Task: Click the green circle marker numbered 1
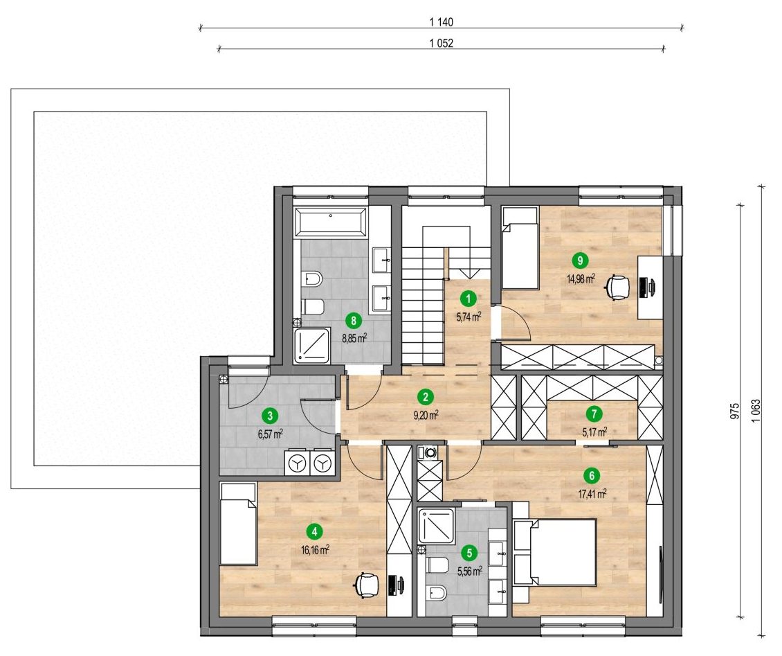pos(468,299)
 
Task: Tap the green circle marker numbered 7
pos(594,414)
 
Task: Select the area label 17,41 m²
pos(592,494)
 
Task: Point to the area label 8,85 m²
pos(354,338)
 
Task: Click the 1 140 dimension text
pos(441,22)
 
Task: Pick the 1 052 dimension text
pos(441,44)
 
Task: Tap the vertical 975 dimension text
pos(735,410)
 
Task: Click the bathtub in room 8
pos(331,222)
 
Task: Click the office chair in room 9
pos(617,288)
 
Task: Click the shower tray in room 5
pos(437,526)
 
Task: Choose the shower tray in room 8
pos(313,346)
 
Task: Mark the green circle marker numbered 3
pos(271,415)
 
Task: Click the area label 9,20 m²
pos(426,415)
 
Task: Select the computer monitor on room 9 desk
pos(653,287)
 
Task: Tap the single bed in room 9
pos(520,248)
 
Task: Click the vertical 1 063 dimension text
pos(756,411)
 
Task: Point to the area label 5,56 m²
pos(469,571)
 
